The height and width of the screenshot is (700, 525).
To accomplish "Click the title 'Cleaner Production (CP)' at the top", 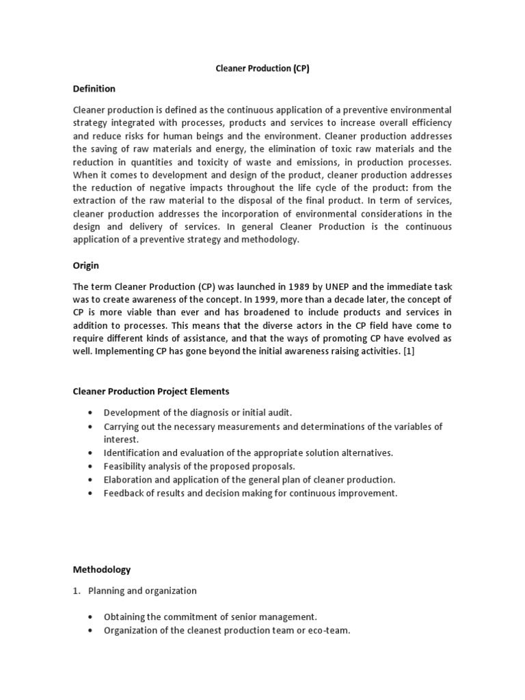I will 262,70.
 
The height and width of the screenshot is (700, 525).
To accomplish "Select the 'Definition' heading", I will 94,89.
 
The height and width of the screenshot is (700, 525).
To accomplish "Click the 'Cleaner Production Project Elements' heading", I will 151,391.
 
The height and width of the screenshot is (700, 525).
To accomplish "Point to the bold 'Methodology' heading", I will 102,569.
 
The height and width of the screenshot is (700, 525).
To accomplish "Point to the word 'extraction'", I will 96,200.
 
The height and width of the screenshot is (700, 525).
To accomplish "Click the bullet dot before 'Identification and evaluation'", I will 91,453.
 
